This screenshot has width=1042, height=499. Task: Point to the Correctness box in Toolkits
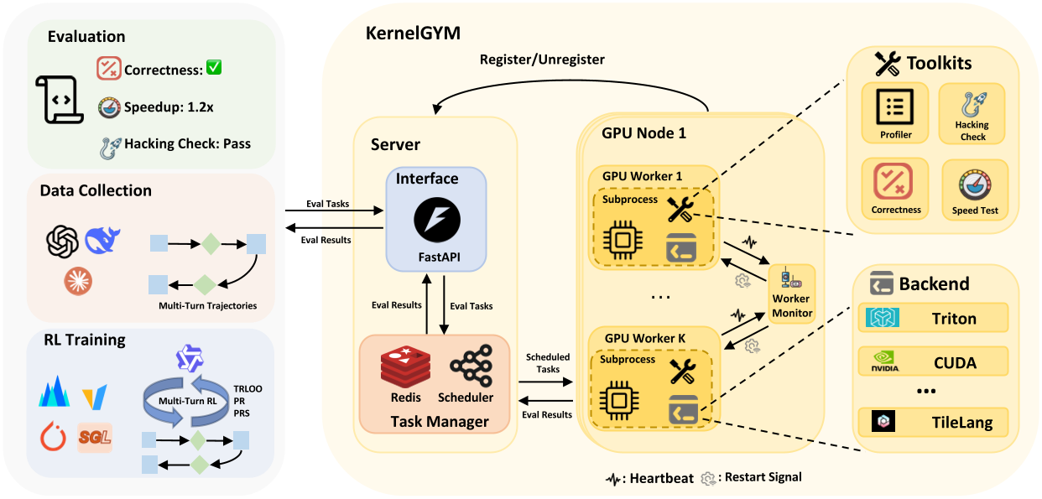point(895,187)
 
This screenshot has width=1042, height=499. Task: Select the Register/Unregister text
point(542,60)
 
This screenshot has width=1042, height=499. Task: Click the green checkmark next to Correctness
point(213,67)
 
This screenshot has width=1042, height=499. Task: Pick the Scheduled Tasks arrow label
point(547,363)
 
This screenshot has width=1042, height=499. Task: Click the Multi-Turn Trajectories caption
point(207,305)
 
